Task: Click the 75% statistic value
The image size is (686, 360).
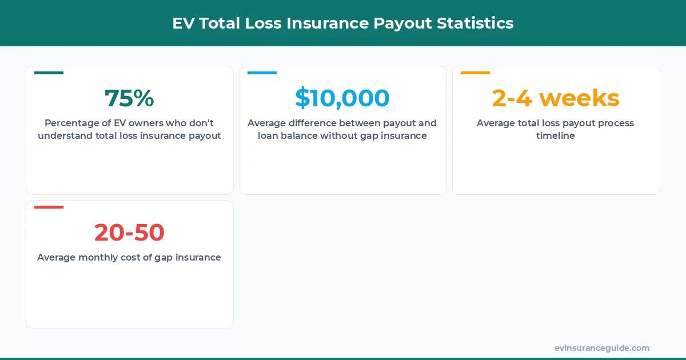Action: pos(129,98)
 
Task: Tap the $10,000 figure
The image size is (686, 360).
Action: pos(342,98)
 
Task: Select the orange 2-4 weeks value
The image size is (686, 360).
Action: pos(556,98)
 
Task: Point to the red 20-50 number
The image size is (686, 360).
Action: pos(129,233)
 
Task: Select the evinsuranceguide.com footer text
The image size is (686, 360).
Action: pos(601,348)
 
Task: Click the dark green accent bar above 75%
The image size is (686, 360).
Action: pos(49,73)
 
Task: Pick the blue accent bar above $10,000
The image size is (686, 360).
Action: pos(262,73)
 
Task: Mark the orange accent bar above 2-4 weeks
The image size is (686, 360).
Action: pos(475,73)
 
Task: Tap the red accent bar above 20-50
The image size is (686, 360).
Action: pos(49,207)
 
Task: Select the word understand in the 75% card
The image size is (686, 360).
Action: pos(63,136)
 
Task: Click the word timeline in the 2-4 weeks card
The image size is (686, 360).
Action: pos(556,136)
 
